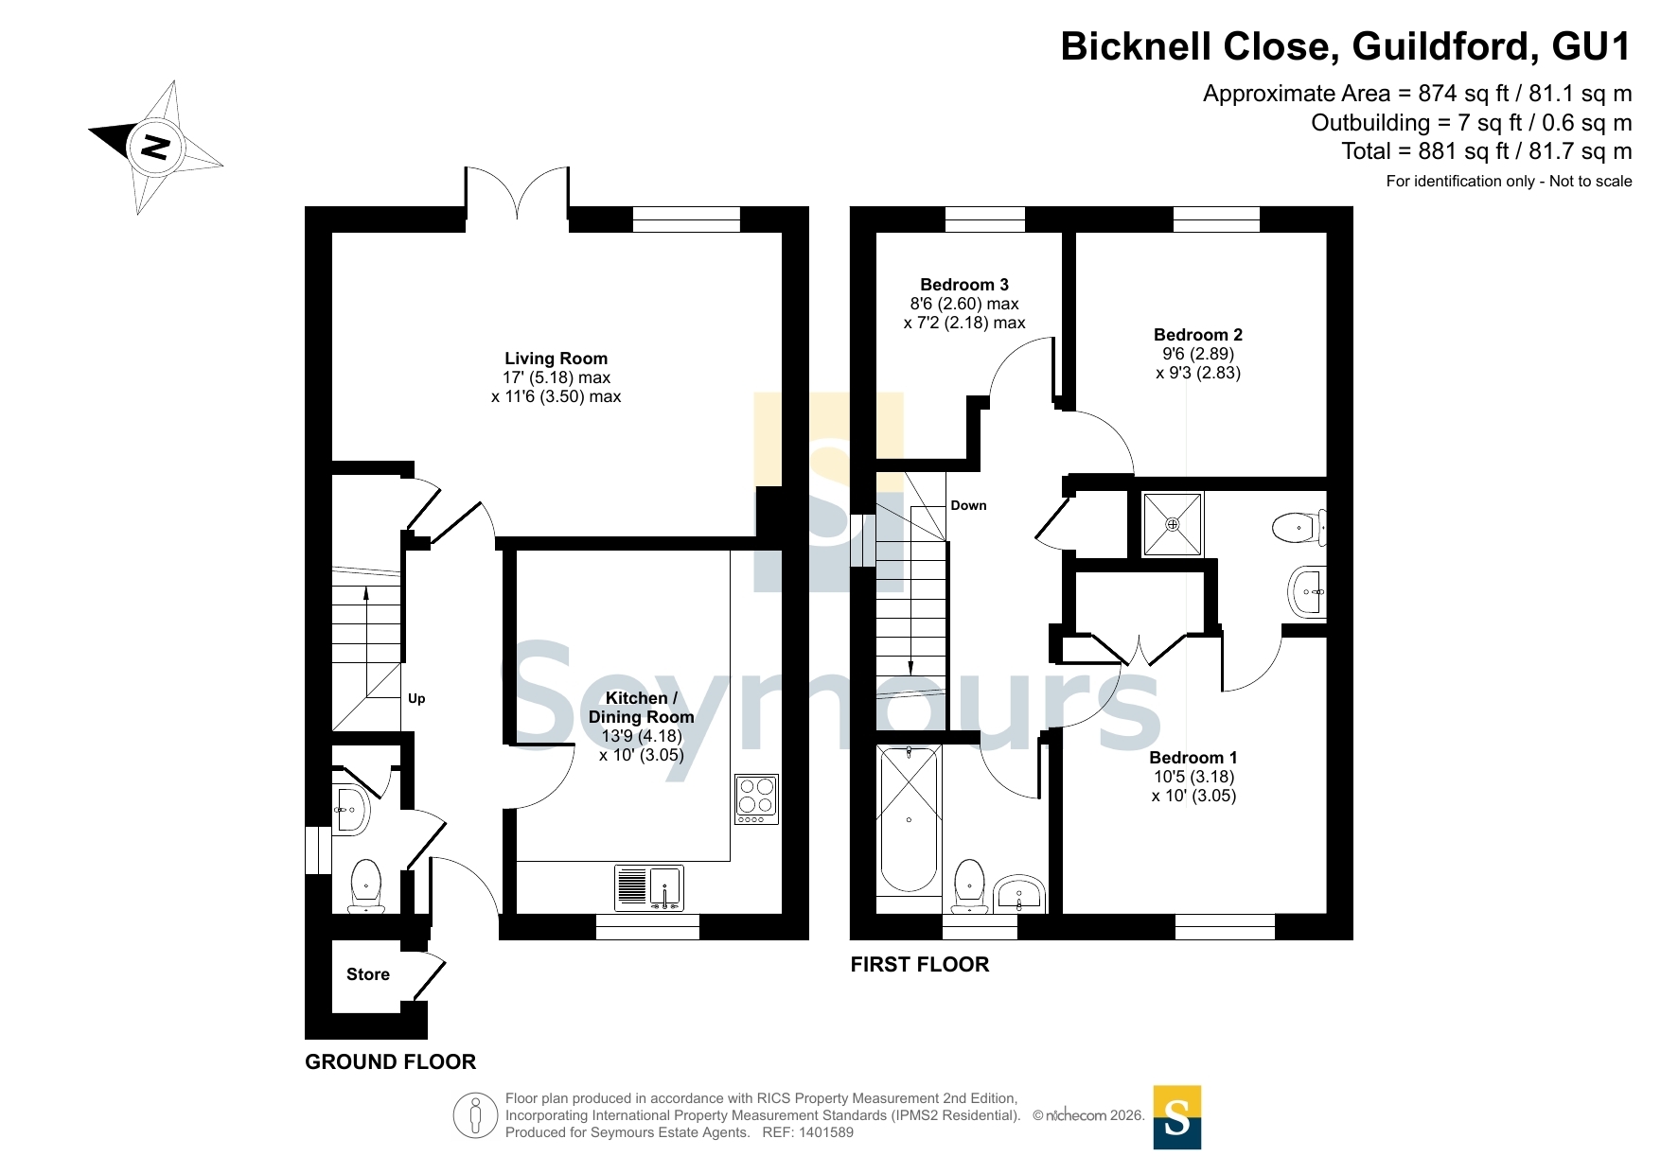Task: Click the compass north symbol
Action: coord(155,147)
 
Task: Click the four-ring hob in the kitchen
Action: coord(756,798)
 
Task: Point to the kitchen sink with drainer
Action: coord(648,888)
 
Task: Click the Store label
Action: coord(368,974)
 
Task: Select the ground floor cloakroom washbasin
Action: coord(350,810)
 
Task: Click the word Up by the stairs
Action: coord(416,699)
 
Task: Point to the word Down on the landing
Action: coord(968,506)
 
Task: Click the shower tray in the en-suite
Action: coord(1173,524)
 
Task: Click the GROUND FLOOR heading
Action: coord(390,1062)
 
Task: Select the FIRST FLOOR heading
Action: coord(920,965)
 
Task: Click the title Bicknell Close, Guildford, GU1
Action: coord(1346,47)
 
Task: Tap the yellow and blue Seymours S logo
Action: coord(1177,1117)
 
